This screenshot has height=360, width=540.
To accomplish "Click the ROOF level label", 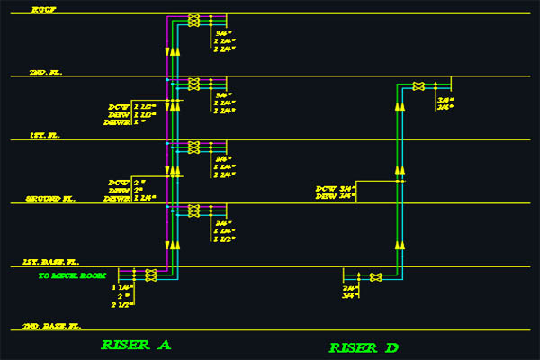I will tap(42, 9).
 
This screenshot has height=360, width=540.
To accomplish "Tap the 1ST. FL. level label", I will tap(43, 135).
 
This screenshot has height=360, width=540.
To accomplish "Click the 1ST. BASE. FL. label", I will tap(55, 262).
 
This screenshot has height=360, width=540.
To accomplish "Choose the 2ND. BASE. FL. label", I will tap(51, 325).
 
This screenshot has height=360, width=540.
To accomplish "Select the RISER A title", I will tap(136, 345).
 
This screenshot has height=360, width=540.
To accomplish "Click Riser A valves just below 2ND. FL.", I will tap(193, 85).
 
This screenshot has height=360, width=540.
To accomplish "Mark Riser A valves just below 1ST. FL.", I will tap(193, 148).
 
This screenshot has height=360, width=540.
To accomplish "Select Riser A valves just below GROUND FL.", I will tap(193, 211).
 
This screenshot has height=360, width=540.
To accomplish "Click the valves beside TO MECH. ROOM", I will tap(151, 274).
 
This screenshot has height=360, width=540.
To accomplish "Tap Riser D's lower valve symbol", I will tap(376, 276).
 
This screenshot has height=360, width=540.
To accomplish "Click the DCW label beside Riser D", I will tap(325, 188).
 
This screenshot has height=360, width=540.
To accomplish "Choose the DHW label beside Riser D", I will tap(325, 195).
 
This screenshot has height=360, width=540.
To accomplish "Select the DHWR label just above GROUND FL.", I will tap(118, 197).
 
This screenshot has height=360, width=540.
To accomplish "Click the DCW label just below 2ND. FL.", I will tap(119, 108).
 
